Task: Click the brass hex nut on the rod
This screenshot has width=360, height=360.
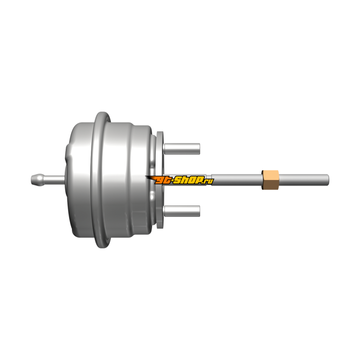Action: (x=270, y=180)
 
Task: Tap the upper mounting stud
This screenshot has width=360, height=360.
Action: (x=182, y=149)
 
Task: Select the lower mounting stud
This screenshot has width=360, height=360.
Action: (x=182, y=211)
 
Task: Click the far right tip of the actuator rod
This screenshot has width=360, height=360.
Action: (x=328, y=180)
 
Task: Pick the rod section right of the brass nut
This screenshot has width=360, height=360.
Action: (x=304, y=180)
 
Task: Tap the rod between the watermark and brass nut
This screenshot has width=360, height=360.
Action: (x=237, y=180)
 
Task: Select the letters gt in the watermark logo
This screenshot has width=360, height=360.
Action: (x=164, y=180)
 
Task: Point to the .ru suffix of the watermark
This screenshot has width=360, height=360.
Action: (x=209, y=181)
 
